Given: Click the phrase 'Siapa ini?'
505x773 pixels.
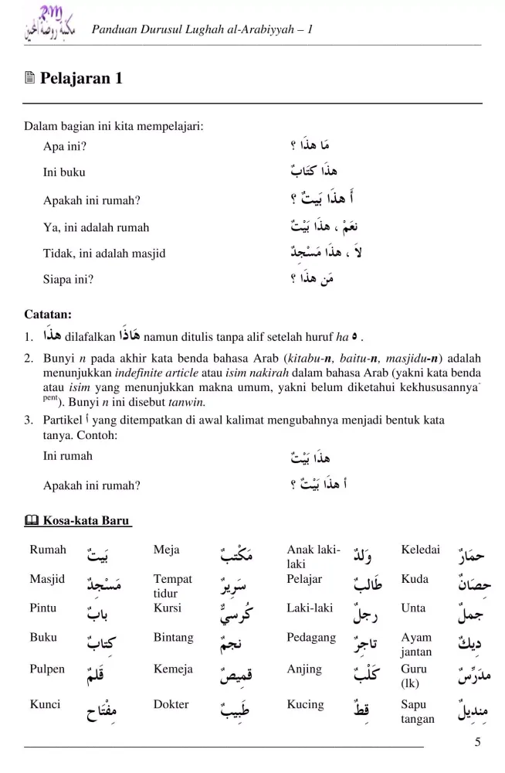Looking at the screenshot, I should [68, 280].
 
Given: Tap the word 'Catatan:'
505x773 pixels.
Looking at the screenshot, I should [47, 315].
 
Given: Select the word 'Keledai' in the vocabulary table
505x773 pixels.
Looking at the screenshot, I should [421, 550].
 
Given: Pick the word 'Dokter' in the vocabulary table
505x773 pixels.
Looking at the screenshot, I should [171, 704].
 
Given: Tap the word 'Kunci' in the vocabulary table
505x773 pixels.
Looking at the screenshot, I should [45, 704].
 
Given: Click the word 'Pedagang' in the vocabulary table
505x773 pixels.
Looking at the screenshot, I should [311, 638].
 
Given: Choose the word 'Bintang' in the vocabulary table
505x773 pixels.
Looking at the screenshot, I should [173, 638].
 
